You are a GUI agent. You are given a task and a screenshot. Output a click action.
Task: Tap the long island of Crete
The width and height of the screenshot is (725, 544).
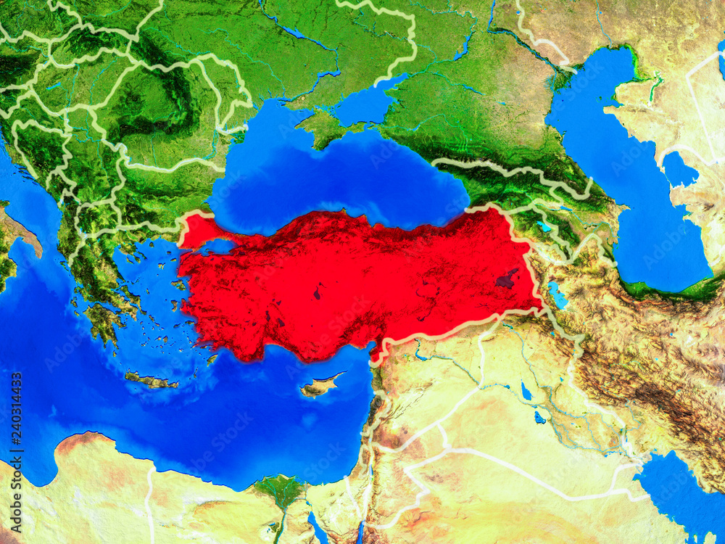pyautogui.click(x=151, y=379)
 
